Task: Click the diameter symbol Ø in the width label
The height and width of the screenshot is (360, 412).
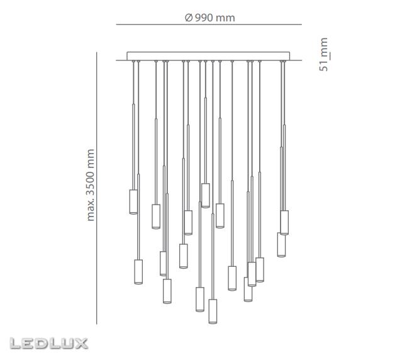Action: pos(188,18)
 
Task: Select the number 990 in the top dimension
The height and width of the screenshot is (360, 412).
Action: pos(203,18)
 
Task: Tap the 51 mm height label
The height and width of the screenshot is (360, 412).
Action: pos(324,55)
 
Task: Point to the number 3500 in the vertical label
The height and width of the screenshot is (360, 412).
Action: pos(91,179)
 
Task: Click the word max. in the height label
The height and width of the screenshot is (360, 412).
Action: pos(91,211)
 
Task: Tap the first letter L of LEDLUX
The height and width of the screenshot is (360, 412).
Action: pos(16,344)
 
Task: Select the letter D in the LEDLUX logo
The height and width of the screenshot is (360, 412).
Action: pos(42,344)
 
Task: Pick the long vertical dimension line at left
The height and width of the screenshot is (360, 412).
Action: pos(97,189)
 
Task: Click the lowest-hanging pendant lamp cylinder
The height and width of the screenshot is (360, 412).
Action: pos(213,311)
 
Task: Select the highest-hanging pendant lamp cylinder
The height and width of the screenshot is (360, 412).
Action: pos(205,195)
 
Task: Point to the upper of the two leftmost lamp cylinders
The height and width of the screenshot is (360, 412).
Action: pos(133,201)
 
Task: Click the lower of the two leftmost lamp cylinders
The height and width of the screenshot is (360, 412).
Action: pos(138,272)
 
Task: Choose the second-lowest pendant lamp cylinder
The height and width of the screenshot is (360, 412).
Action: pos(200,300)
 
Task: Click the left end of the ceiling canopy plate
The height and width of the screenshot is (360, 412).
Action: pos(128,56)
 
